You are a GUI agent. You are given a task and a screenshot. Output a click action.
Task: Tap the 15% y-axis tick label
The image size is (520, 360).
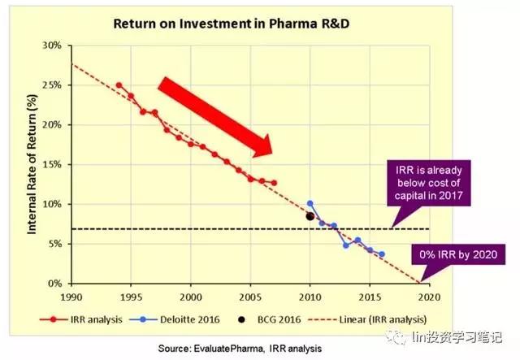(x=51, y=165)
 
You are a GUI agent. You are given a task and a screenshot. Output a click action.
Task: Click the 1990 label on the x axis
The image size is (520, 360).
(x=72, y=298)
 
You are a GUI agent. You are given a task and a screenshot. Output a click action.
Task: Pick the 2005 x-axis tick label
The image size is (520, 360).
(x=250, y=298)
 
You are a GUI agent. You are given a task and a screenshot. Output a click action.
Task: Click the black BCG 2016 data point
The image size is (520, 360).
(x=310, y=216)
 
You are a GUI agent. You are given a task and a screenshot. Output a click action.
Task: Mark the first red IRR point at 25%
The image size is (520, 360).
(x=119, y=85)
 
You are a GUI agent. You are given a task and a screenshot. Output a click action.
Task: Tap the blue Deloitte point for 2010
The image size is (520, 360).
(x=310, y=203)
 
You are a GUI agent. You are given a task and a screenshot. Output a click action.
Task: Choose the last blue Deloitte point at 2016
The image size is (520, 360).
(x=381, y=254)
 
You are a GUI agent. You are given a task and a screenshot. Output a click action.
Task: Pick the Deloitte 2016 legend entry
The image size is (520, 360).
(x=201, y=319)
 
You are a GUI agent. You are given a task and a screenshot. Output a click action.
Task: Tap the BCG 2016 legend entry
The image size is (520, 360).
(x=291, y=319)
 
